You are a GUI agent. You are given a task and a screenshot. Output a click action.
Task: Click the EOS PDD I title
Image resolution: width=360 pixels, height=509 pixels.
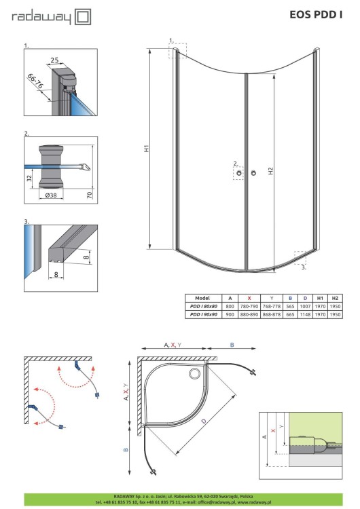[x=317, y=14]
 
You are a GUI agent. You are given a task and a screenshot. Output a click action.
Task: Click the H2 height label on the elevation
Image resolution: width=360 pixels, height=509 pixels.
[x=271, y=172]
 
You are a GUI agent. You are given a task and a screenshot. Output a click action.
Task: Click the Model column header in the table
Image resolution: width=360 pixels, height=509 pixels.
[x=202, y=298]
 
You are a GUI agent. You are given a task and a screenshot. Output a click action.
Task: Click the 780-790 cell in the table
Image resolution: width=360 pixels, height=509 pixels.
[x=249, y=307]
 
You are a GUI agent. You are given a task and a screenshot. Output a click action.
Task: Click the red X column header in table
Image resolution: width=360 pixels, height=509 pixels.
[x=249, y=298]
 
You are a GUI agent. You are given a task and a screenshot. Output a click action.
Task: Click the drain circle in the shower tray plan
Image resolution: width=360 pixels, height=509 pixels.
[x=197, y=372]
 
